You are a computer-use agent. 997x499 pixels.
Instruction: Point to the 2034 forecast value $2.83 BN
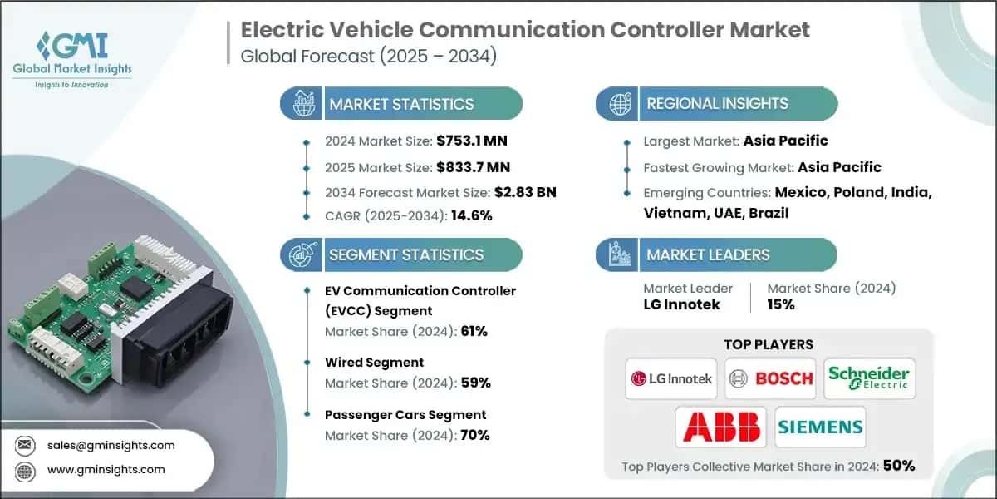coord(525,192)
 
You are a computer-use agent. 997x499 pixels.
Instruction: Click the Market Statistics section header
coord(401,104)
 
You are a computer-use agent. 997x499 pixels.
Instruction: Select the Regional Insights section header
coord(716,104)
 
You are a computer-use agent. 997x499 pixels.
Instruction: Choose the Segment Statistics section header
coord(405,254)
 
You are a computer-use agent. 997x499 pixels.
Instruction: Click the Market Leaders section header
coord(708,254)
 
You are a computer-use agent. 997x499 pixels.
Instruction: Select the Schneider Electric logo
coord(869,378)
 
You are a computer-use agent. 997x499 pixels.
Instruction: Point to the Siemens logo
coord(820,427)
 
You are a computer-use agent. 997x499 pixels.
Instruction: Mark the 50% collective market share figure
coord(898,466)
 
